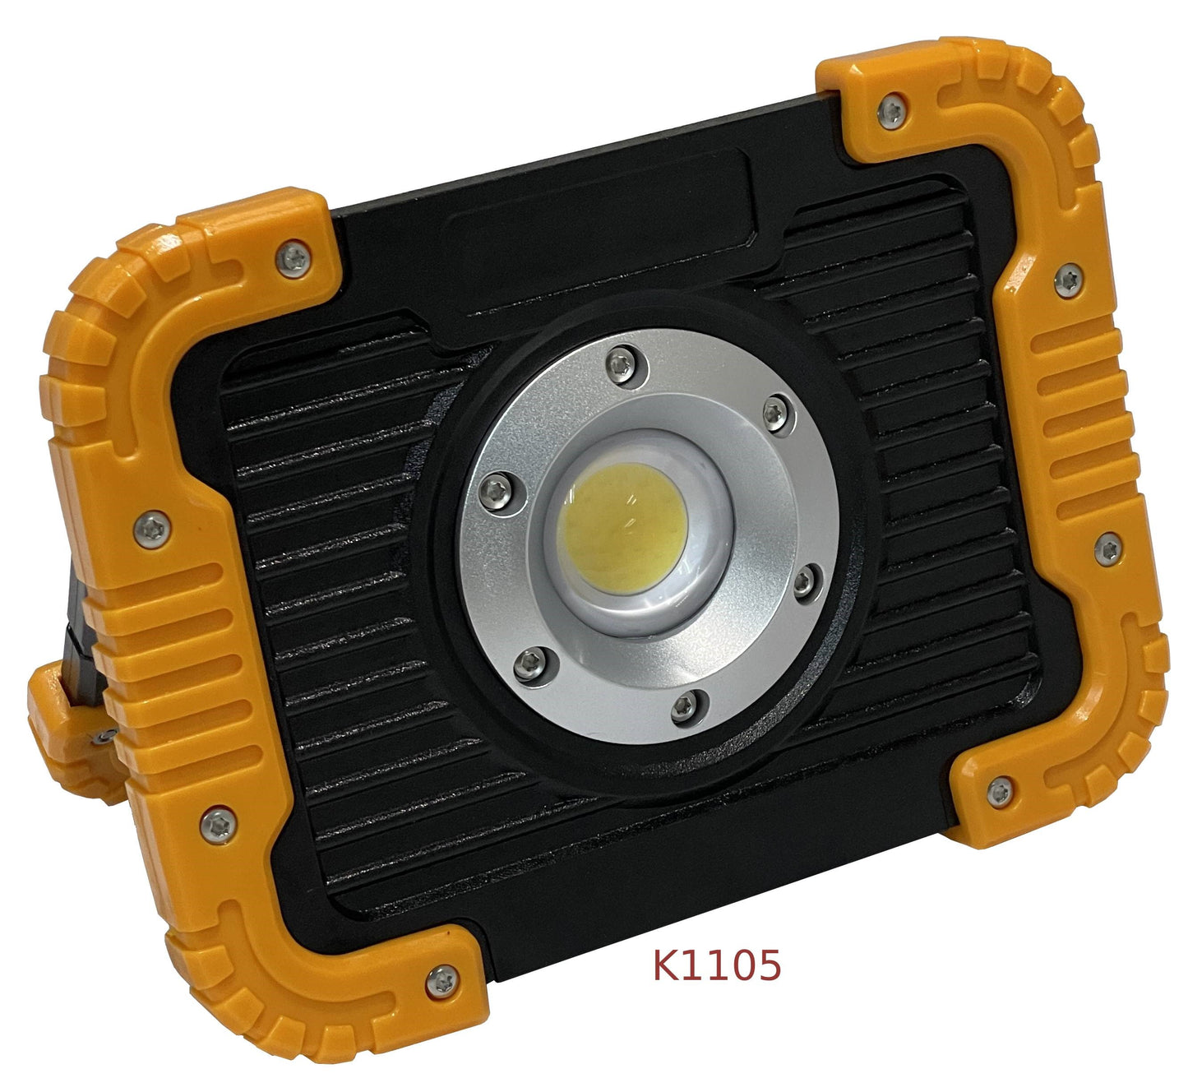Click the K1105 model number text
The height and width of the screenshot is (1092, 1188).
716,965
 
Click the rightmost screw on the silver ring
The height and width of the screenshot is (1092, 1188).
804,581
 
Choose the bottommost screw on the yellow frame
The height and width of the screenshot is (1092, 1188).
442,978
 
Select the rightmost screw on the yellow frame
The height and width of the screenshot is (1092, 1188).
1107,548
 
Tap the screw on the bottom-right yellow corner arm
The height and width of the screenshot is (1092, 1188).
999,792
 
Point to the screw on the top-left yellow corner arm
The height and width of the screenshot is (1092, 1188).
294,259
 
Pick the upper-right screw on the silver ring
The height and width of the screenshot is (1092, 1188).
774,411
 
